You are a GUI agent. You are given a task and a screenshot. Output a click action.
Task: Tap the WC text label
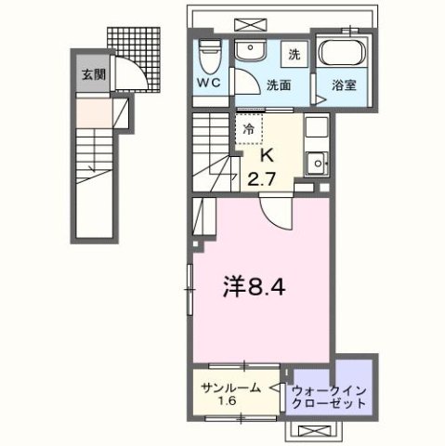pos(207,81)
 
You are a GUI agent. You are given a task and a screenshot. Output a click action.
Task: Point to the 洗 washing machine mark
pos(291,53)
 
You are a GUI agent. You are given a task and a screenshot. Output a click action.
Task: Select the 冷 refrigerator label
pos(249,130)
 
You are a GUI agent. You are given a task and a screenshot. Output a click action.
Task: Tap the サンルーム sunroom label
pos(228,387)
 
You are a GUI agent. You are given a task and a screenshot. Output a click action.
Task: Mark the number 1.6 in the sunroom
pos(227,401)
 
